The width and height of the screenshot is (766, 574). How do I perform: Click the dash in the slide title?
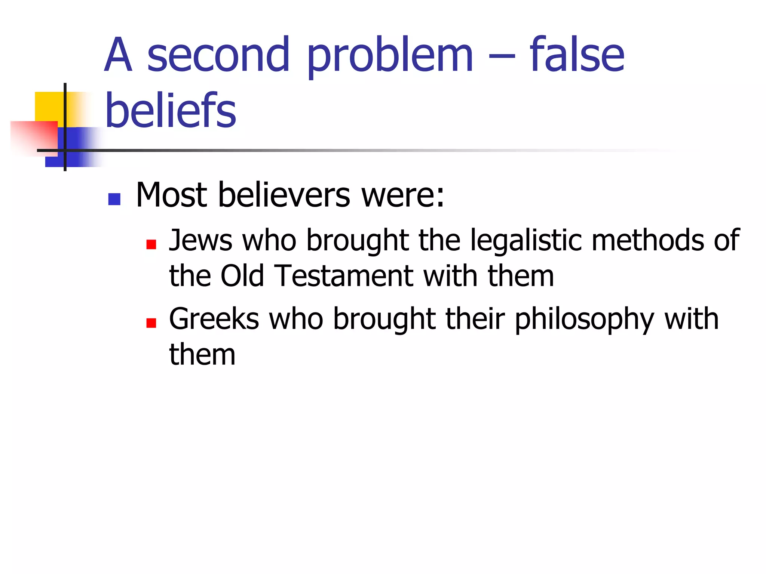pyautogui.click(x=502, y=58)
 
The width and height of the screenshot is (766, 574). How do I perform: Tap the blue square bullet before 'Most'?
pyautogui.click(x=114, y=199)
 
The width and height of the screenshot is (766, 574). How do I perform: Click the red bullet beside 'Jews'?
pyautogui.click(x=151, y=244)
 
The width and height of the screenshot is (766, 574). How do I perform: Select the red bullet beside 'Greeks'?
pyautogui.click(x=151, y=323)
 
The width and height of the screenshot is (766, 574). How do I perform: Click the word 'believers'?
pyautogui.click(x=284, y=195)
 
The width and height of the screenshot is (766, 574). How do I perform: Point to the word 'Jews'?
pyautogui.click(x=200, y=240)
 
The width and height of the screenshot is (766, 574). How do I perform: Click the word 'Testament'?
pyautogui.click(x=344, y=276)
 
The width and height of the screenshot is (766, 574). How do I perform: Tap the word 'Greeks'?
pyautogui.click(x=214, y=319)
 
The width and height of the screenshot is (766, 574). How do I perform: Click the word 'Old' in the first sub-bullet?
pyautogui.click(x=242, y=276)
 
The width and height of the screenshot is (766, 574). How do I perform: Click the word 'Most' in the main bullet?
pyautogui.click(x=171, y=195)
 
